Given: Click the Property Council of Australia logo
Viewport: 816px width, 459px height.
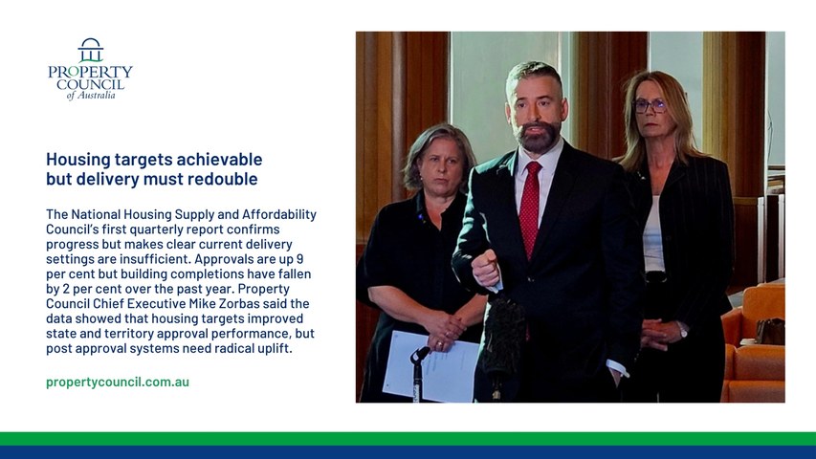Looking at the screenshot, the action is [x=90, y=69].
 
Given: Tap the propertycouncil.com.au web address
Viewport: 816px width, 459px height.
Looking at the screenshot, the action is [x=118, y=382].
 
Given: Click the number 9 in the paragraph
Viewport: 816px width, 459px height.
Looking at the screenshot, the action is [x=299, y=259].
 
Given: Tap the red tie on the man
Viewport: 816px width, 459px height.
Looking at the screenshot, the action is [x=530, y=208].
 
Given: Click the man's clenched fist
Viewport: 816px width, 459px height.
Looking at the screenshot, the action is [x=486, y=268].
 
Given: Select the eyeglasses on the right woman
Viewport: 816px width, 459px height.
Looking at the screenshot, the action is [x=650, y=106].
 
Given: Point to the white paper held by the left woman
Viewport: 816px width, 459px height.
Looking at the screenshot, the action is [x=430, y=366].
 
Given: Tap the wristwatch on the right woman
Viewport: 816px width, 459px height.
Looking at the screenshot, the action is [x=682, y=329].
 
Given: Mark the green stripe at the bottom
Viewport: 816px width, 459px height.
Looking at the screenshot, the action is [x=408, y=438].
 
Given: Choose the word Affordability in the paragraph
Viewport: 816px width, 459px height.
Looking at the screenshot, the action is [x=279, y=214].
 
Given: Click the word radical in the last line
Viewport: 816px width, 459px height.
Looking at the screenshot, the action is [x=232, y=348].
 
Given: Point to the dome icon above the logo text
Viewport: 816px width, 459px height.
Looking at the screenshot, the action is [x=91, y=50].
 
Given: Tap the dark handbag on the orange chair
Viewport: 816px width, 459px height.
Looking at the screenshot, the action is [x=770, y=331].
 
